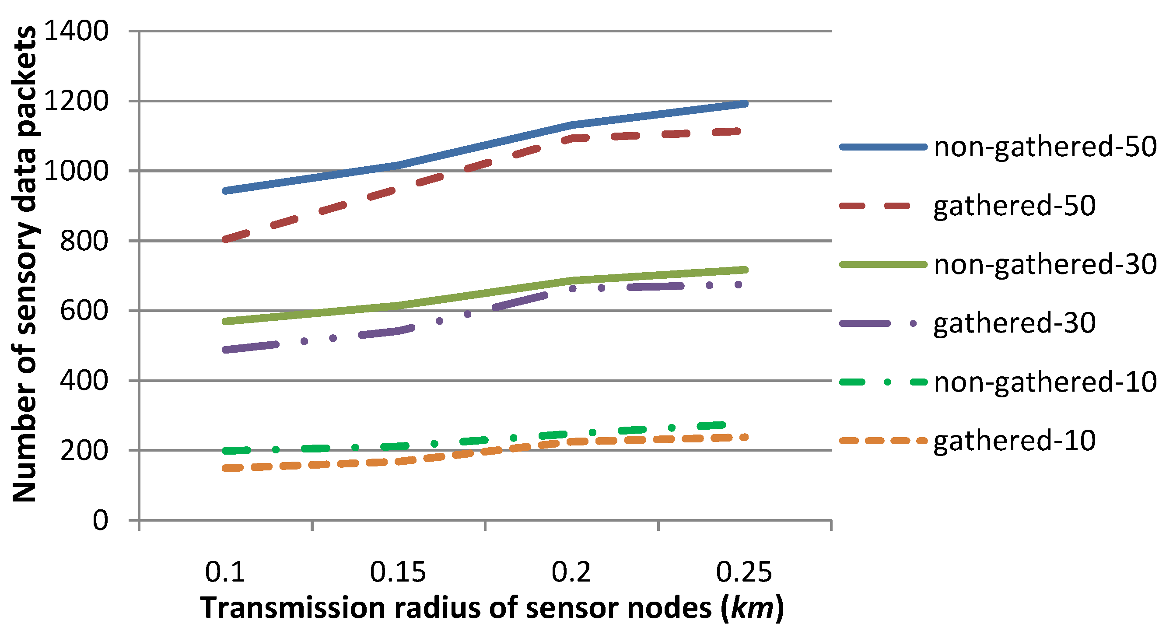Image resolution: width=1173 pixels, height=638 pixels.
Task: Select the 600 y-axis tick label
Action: (x=84, y=311)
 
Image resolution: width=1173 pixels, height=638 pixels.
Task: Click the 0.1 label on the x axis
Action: (x=225, y=572)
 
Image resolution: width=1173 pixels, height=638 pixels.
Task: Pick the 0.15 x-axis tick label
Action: (x=398, y=572)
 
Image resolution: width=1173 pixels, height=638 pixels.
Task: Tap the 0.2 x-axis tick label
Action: (x=571, y=572)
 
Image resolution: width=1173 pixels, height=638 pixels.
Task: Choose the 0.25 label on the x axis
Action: (x=744, y=572)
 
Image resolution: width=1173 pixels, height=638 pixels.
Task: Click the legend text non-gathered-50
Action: (x=1045, y=147)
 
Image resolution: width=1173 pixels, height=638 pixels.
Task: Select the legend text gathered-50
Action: (x=1015, y=206)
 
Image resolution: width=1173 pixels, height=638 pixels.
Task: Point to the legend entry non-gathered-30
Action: (x=1045, y=265)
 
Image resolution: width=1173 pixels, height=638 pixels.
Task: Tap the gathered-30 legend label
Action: (x=1015, y=323)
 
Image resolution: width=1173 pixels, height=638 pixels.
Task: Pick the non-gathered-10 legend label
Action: (x=1045, y=382)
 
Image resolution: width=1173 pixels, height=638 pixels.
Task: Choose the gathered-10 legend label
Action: (x=1015, y=441)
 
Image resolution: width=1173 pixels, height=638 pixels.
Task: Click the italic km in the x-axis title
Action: (x=752, y=607)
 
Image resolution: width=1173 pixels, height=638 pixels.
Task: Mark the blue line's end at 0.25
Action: (x=746, y=104)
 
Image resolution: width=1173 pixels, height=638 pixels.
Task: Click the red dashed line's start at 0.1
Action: (x=225, y=239)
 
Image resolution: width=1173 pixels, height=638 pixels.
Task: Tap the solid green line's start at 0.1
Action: (x=225, y=322)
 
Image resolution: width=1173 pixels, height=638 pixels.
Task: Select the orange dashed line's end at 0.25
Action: (x=745, y=438)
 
